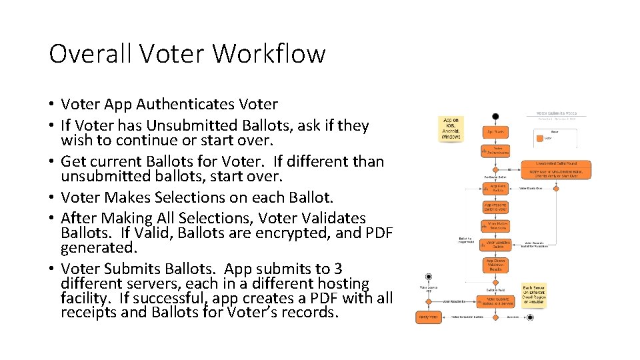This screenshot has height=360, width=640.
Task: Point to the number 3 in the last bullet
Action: [338, 269]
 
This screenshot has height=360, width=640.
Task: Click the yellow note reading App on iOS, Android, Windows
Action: [451, 129]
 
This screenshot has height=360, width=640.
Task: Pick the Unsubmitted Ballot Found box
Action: [555, 163]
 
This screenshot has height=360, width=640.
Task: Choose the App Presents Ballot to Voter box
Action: [496, 207]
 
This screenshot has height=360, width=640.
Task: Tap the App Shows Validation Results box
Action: [496, 265]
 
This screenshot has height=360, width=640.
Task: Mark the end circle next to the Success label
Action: [530, 317]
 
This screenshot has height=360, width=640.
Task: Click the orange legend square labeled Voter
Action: [540, 138]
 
